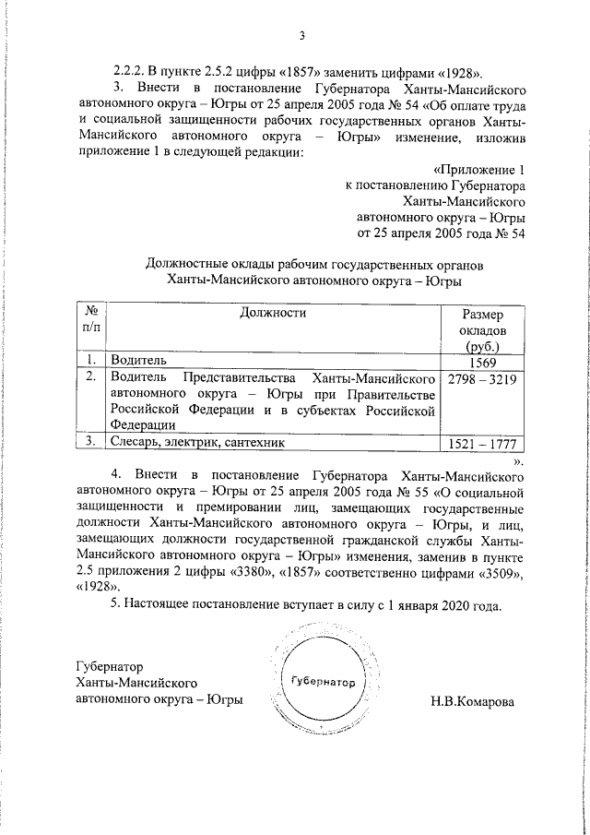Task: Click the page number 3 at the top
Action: (301, 37)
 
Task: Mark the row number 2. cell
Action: (90, 378)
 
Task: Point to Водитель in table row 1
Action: (137, 363)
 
